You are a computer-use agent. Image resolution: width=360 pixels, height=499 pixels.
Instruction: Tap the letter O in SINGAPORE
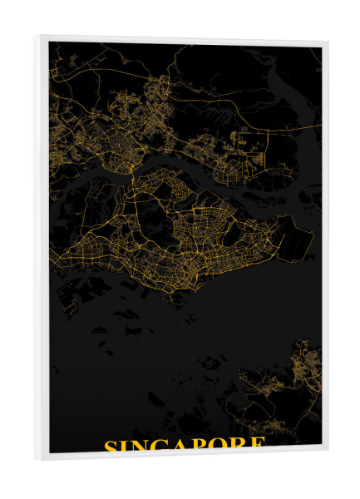[x=219, y=445]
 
